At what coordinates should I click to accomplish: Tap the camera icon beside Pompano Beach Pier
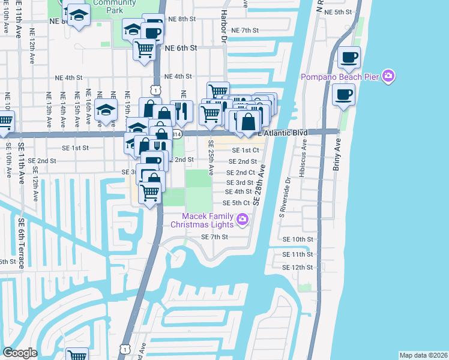(388, 76)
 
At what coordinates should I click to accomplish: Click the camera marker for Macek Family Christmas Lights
(243, 220)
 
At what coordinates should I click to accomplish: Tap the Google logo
(20, 352)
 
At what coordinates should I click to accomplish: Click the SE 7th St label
(215, 237)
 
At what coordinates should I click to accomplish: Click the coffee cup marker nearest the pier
(343, 95)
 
